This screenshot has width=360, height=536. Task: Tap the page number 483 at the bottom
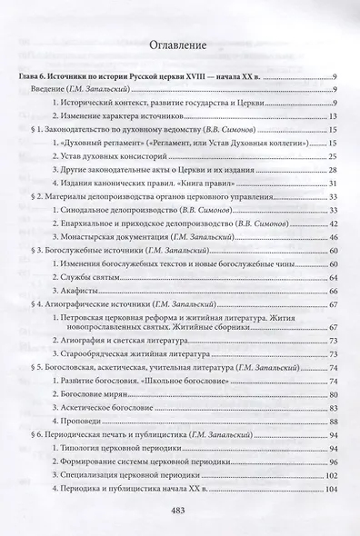(x=179, y=509)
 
